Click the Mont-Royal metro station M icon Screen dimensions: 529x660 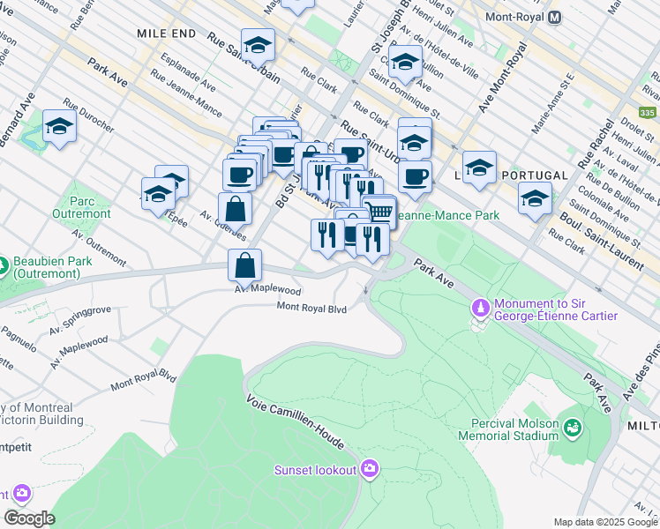[555, 17]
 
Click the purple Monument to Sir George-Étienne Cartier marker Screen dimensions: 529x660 [481, 308]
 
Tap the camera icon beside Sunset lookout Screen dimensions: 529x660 [370, 469]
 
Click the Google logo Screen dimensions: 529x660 [28, 518]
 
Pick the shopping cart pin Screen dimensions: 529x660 [379, 211]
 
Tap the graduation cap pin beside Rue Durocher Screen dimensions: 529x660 [59, 126]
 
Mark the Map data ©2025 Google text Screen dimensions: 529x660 [604, 522]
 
